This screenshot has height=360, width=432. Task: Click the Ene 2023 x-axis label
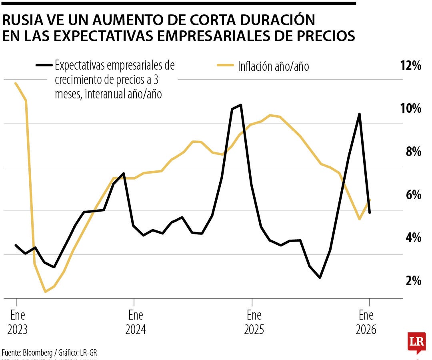pos(17,322)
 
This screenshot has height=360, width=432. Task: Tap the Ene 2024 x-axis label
pos(135,322)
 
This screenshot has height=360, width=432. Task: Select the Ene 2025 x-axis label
pos(254,322)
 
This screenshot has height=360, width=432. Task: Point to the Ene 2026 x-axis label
pos(366,322)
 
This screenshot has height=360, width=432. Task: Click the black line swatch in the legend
pos(44,65)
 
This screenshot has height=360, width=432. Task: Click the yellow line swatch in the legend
pos(225,66)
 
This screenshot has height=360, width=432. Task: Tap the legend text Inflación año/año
pos(273,66)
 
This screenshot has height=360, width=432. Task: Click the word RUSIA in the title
pos(20,20)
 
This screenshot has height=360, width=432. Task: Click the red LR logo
pos(416,342)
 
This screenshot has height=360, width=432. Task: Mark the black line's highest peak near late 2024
pos(240,105)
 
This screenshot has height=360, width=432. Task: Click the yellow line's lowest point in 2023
pos(45,292)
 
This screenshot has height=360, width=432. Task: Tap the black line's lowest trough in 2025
pos(320,277)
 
